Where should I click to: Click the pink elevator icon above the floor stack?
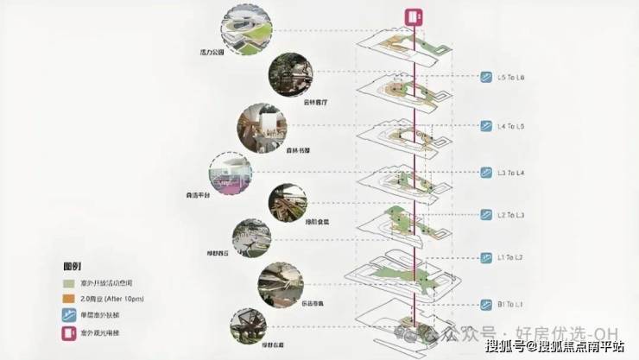(414, 17)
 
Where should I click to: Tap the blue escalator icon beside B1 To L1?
(486, 304)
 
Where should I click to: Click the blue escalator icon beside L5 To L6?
(486, 78)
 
